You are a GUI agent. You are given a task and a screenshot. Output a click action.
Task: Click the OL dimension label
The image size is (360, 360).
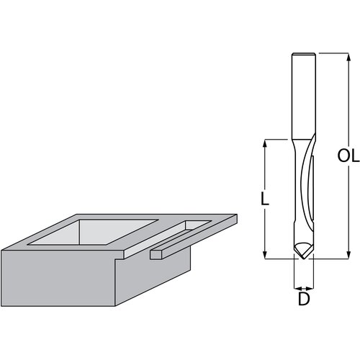[x=348, y=156]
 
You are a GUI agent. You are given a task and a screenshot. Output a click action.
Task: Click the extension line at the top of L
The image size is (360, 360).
[x=277, y=140]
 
